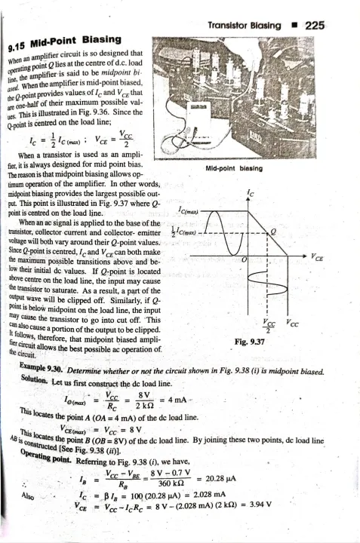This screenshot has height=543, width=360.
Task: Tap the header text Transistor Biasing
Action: click(x=242, y=25)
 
